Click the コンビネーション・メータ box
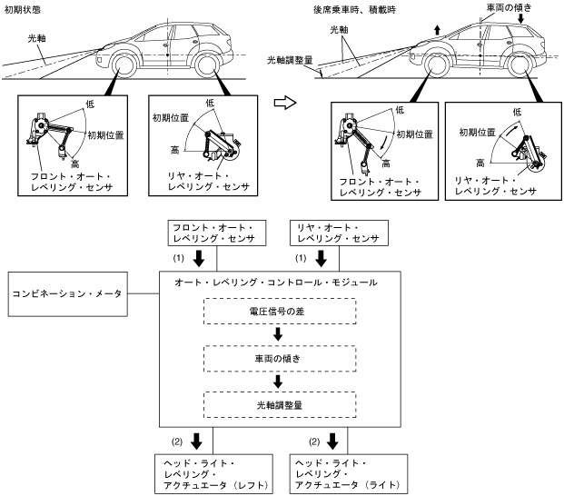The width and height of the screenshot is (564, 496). [x=67, y=293]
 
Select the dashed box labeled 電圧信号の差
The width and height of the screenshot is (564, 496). [x=280, y=311]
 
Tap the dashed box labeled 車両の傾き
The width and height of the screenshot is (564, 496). [x=280, y=359]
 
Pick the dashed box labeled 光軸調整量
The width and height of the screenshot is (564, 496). [x=280, y=404]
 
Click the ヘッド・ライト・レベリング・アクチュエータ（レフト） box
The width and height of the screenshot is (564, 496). [x=213, y=473]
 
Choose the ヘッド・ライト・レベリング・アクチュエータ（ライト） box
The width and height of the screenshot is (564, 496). [x=349, y=473]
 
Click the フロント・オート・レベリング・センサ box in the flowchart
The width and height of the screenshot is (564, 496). [x=217, y=233]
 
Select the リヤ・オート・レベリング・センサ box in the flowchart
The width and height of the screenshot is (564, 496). [x=339, y=233]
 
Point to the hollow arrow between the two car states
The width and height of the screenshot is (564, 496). [x=285, y=104]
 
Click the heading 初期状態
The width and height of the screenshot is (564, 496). [x=23, y=10]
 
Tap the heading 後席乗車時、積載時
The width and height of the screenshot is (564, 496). [x=354, y=10]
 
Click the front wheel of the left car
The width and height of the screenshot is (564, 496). [x=124, y=66]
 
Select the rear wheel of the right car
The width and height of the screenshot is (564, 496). [x=519, y=66]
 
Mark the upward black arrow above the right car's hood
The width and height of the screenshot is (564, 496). [x=437, y=30]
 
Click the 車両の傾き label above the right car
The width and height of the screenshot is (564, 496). [x=509, y=7]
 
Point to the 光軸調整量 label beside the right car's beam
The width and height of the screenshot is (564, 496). [x=290, y=60]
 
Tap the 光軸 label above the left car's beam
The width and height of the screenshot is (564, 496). [x=37, y=38]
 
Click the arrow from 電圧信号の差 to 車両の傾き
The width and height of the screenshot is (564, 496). [x=278, y=334]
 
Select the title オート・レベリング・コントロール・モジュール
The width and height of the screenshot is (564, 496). [x=276, y=283]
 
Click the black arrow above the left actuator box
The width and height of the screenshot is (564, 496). [x=196, y=441]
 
